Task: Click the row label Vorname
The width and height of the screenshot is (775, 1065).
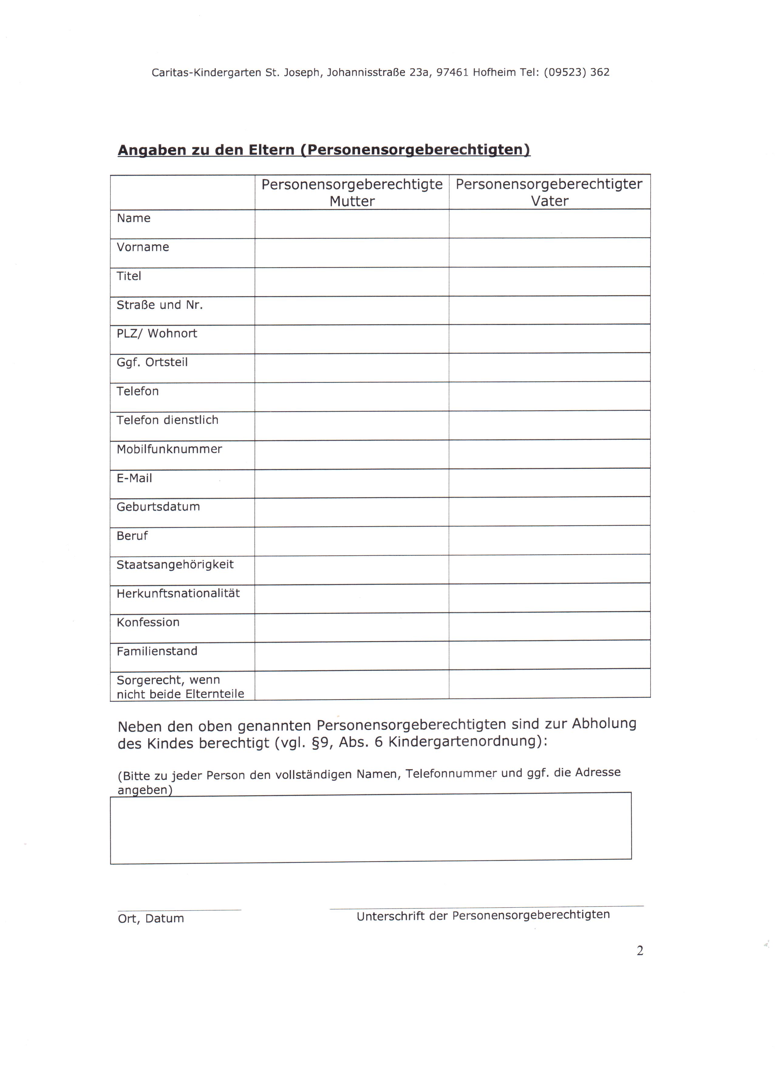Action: pyautogui.click(x=143, y=247)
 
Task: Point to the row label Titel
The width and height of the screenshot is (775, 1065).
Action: pyautogui.click(x=129, y=276)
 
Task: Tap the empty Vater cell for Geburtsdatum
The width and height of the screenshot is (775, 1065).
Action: pyautogui.click(x=549, y=512)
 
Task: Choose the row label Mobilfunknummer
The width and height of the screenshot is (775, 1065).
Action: pyautogui.click(x=169, y=449)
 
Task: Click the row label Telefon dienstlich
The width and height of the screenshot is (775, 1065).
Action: pyautogui.click(x=167, y=420)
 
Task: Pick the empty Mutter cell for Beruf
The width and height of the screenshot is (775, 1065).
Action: pyautogui.click(x=352, y=541)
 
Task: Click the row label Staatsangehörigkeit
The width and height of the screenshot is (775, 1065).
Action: pyautogui.click(x=175, y=564)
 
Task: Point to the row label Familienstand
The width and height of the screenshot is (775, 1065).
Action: pyautogui.click(x=157, y=651)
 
